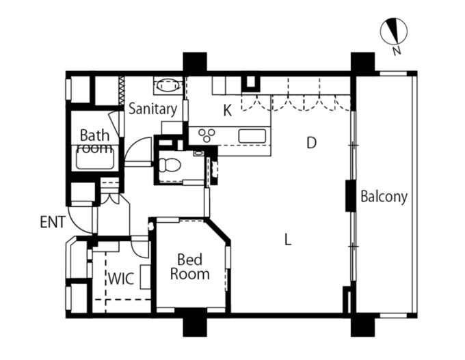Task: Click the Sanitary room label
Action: coord(152,109)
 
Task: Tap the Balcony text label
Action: coord(384,197)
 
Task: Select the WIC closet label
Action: coord(121,279)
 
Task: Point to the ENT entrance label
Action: coord(53,222)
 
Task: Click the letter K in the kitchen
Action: coord(228,111)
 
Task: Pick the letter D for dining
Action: coord(311,143)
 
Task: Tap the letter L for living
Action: coord(288,239)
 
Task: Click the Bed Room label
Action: coord(190,266)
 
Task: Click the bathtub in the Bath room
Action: coord(95,159)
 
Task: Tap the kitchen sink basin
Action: coord(252,136)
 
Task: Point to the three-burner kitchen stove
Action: coord(207,136)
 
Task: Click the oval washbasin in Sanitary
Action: coord(168,85)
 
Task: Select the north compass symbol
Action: coord(394,31)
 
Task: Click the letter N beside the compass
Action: coord(397,51)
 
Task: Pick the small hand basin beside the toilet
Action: coord(198,153)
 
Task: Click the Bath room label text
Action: coord(95,141)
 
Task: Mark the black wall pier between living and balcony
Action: coord(351,195)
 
